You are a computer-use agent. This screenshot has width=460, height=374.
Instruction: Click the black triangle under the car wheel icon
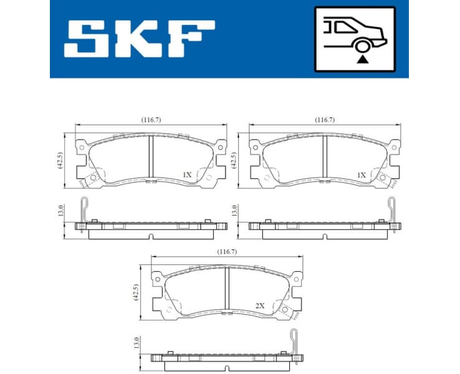point(361,60)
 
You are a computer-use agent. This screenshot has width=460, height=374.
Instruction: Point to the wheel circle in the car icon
point(361,44)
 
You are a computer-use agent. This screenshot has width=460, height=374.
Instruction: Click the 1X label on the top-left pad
point(188,176)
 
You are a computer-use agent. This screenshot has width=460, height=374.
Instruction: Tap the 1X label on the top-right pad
point(362,176)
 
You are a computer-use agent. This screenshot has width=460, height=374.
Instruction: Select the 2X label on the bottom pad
point(260,306)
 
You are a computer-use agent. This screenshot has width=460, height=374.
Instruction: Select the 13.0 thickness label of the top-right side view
point(234,210)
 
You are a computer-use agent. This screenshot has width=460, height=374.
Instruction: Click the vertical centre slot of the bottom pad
point(227,287)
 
